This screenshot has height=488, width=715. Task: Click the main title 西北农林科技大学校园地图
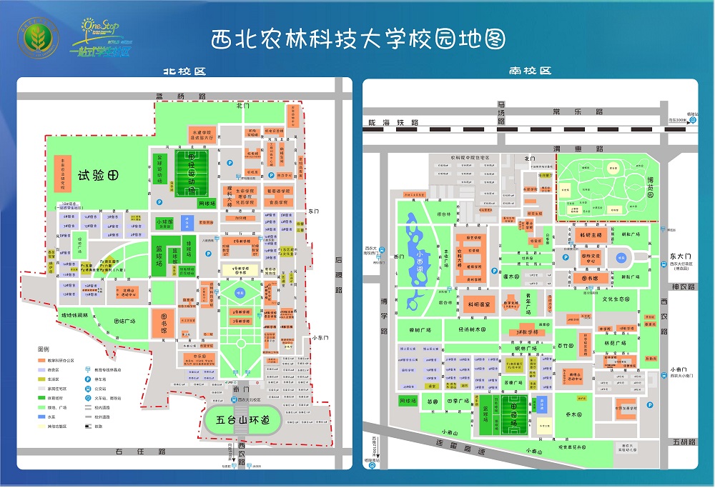[x=357, y=39]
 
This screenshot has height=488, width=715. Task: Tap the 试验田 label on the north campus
[x=97, y=174]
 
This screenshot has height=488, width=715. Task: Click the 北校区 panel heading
[x=184, y=71]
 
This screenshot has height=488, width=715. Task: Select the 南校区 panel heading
[x=530, y=71]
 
